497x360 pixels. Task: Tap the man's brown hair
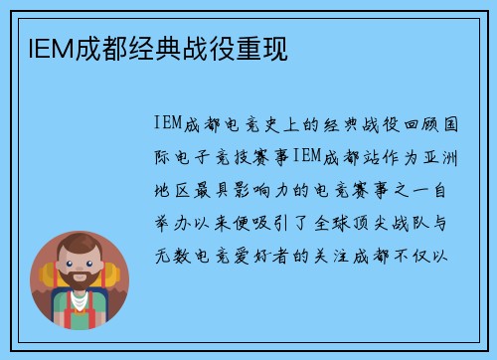80,247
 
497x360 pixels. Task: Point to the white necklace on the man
81,301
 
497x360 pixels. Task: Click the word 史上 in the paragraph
270,124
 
